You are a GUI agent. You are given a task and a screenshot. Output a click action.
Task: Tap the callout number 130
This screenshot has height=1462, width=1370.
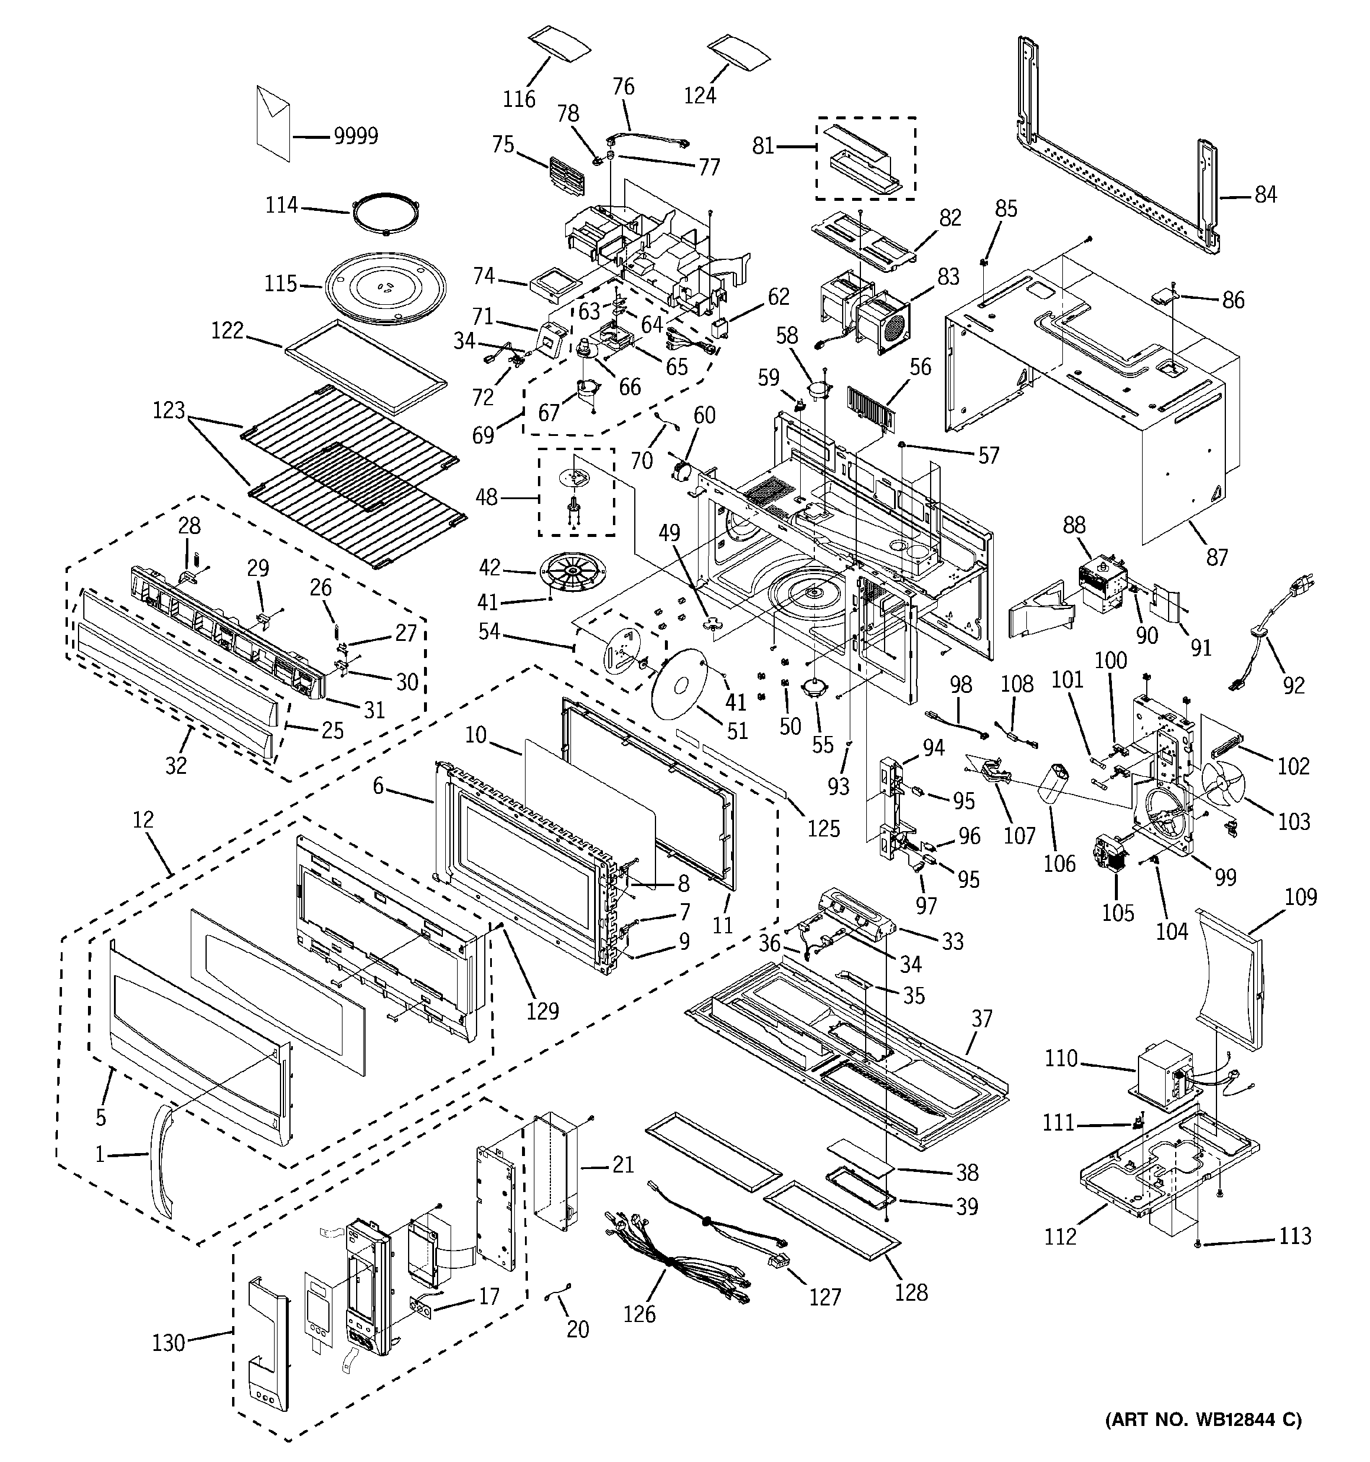(x=168, y=1343)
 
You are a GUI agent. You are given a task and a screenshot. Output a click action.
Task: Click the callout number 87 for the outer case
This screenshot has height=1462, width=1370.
(x=1217, y=556)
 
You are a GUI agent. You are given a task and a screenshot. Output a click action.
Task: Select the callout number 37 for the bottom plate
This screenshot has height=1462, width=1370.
(x=981, y=1018)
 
